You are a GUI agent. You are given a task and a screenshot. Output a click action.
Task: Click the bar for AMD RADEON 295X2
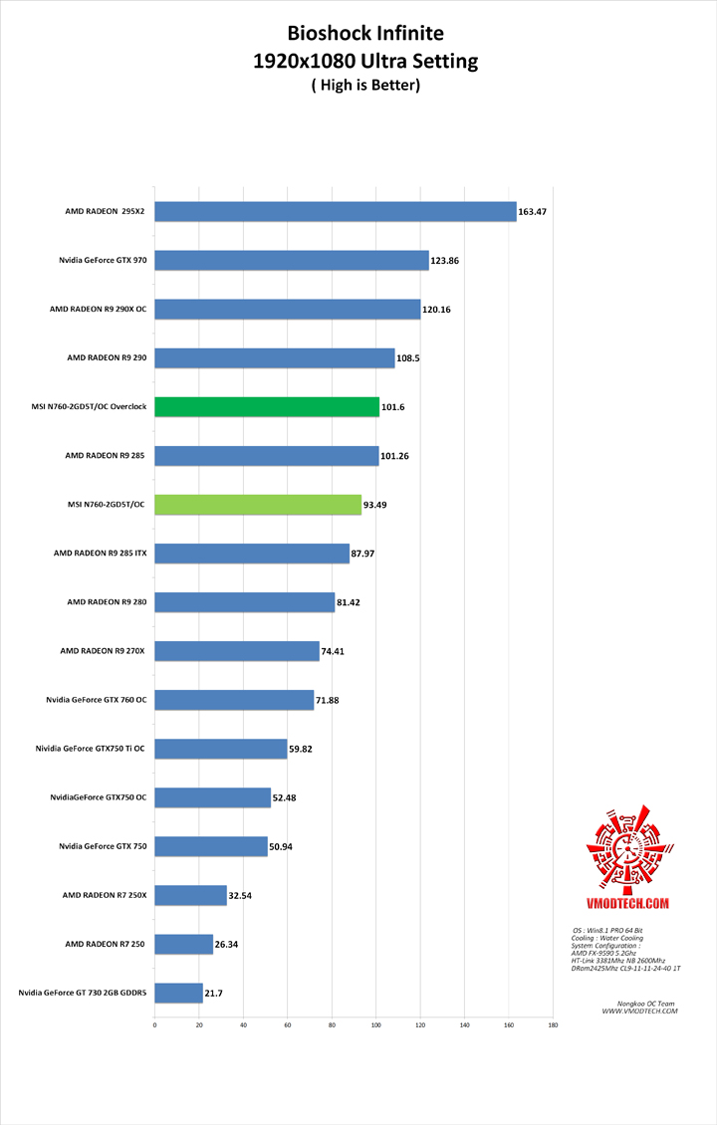[x=336, y=212]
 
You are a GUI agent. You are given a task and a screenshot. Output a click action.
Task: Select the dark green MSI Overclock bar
[x=267, y=407]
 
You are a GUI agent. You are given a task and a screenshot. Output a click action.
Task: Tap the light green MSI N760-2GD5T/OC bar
[x=258, y=505]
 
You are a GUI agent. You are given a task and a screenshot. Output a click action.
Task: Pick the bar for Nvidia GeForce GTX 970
[x=292, y=261]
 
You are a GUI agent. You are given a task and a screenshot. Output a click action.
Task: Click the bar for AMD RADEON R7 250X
[x=190, y=895]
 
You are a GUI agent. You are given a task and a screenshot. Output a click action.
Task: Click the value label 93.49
[x=375, y=505]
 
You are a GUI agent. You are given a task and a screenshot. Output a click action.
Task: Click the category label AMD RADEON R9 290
[x=107, y=357]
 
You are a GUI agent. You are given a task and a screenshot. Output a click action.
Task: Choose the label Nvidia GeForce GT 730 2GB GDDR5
[x=83, y=993]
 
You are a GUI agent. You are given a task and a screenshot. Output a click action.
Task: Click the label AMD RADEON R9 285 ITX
[x=100, y=554]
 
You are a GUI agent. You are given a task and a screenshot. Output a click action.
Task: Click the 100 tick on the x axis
[x=376, y=1024]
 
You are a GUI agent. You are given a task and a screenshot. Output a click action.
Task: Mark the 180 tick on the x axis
[x=553, y=1024]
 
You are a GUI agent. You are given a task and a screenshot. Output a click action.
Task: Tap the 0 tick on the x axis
[x=154, y=1024]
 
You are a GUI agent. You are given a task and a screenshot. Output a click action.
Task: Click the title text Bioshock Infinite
[x=365, y=34]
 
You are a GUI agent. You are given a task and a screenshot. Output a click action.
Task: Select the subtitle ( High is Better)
[x=365, y=86]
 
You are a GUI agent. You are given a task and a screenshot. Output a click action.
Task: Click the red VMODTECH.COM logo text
[x=626, y=903]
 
